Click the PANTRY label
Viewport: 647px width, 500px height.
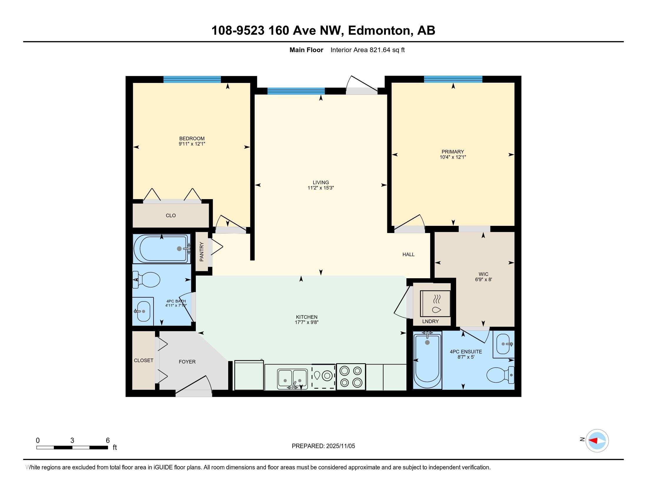pos(202,252)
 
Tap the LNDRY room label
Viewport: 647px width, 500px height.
pos(431,321)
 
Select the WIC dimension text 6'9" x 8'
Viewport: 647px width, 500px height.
pos(483,279)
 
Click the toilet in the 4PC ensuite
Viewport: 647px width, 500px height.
pos(501,375)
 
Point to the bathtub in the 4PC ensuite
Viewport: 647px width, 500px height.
pos(428,360)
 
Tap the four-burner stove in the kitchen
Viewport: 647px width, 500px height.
pos(351,377)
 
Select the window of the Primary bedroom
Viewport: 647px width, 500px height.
pos(453,79)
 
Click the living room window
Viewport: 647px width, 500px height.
pos(296,91)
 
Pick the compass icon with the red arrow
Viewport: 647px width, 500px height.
pos(597,441)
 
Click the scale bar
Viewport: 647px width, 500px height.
pos(72,448)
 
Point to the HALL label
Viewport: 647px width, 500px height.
pos(408,254)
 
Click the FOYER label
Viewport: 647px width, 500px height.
pos(187,362)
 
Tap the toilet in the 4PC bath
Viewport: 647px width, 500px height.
pos(146,280)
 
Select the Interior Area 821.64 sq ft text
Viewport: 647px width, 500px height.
pos(368,50)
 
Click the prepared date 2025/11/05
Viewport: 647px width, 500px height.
pos(340,446)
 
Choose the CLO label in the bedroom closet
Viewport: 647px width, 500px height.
pos(171,215)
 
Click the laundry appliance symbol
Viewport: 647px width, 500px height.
pos(435,304)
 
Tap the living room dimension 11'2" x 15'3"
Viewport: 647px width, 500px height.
pos(321,188)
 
